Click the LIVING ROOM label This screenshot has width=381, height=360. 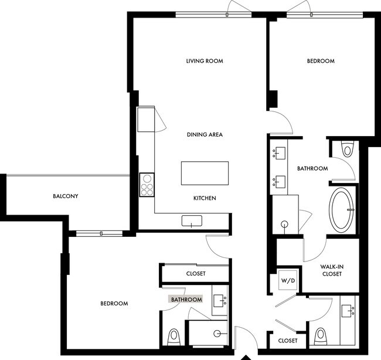pos(205,61)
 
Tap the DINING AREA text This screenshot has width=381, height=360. pos(205,135)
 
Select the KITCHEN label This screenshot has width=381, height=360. pos(205,198)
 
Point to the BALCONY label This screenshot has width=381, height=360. pos(66,196)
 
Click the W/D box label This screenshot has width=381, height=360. pos(288,280)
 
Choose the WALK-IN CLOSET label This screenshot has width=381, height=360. pos(331,270)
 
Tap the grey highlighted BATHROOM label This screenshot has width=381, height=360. pos(186,300)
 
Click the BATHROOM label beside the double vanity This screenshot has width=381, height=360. pos(312,168)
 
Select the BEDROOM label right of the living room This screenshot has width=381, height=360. pos(321,61)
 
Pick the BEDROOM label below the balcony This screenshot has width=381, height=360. pos(114,303)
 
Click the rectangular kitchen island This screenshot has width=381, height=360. pos(205,173)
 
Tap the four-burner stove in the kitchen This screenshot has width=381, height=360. pos(146,184)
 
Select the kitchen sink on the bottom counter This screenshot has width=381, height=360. pos(192,220)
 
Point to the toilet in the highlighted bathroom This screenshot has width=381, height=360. pos(174,338)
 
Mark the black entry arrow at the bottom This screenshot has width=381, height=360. pos(246,356)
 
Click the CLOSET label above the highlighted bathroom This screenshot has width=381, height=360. pos(195,273)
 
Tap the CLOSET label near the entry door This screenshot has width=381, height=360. pos(288,341)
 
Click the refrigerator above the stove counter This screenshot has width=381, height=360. pos(145,120)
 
